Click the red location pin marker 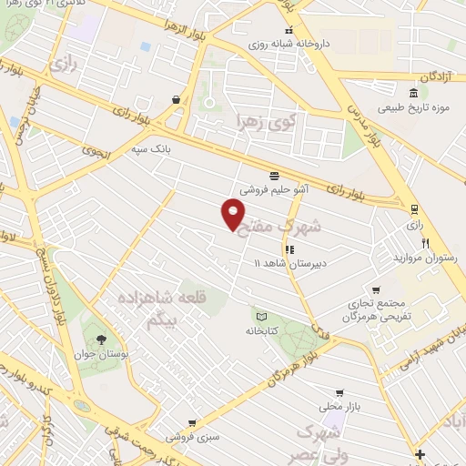[234, 215]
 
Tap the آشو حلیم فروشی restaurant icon [274, 176]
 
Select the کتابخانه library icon [259, 316]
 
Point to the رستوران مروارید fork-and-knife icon [424, 245]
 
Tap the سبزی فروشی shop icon [191, 422]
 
